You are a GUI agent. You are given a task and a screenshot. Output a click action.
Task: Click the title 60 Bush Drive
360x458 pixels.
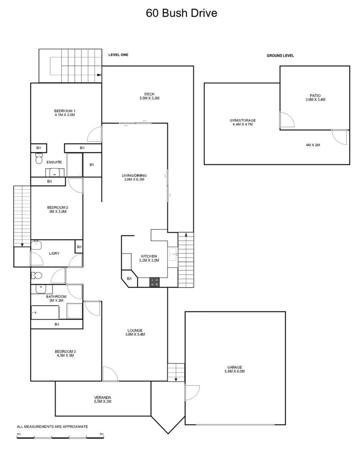click(x=181, y=13)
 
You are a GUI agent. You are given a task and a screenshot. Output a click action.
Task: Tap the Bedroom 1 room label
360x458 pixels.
click(x=65, y=113)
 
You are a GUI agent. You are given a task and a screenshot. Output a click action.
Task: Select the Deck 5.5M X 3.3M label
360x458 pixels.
click(x=150, y=96)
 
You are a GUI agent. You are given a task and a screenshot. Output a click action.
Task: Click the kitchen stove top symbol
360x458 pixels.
click(x=155, y=282)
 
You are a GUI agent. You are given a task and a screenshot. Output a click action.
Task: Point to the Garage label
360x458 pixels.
click(x=235, y=369)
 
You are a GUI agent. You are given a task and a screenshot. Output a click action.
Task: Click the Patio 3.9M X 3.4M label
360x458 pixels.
click(x=315, y=98)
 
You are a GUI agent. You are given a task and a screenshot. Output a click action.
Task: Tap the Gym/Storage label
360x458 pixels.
click(x=243, y=122)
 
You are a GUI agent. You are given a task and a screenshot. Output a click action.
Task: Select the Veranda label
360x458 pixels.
click(x=103, y=399)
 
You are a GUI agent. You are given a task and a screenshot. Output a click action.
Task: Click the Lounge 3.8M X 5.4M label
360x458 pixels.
click(x=135, y=332)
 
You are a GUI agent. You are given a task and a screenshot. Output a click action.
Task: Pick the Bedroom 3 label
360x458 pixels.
click(x=65, y=353)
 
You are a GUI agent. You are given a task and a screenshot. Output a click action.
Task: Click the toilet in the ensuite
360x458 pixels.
click(x=39, y=159)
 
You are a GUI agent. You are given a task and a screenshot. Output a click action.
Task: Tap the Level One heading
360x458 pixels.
click(x=118, y=55)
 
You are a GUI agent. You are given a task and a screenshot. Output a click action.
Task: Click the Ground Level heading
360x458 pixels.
click(x=280, y=56)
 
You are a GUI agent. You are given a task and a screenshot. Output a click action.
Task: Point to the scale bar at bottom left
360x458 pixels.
click(x=60, y=437)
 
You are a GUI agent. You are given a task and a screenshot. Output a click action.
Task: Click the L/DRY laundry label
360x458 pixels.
click(x=54, y=253)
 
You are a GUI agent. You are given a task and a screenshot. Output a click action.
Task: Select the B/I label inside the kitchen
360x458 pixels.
click(x=129, y=278)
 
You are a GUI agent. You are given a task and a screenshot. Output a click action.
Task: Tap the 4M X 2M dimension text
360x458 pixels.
click(x=313, y=145)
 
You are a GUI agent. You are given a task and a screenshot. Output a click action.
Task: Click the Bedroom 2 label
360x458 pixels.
click(x=58, y=209)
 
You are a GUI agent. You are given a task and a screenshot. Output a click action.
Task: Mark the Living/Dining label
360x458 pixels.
click(x=134, y=177)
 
